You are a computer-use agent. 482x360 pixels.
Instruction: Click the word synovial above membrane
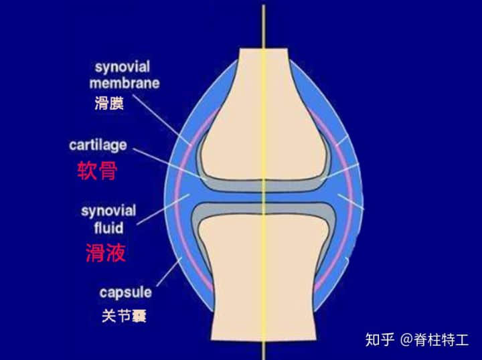pyautogui.click(x=122, y=68)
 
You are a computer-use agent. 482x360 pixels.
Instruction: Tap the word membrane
pyautogui.click(x=125, y=83)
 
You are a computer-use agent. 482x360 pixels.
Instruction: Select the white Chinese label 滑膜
pyautogui.click(x=109, y=103)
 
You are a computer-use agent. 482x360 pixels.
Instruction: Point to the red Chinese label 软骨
pyautogui.click(x=98, y=170)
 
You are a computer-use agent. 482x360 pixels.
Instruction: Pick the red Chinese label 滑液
pyautogui.click(x=106, y=252)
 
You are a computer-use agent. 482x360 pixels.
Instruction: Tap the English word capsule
pyautogui.click(x=125, y=292)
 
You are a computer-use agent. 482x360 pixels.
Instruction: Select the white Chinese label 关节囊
pyautogui.click(x=125, y=316)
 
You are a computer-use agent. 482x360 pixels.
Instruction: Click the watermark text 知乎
pyautogui.click(x=380, y=339)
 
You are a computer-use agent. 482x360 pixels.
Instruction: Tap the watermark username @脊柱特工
pyautogui.click(x=435, y=339)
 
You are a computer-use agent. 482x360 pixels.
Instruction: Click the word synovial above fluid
pyautogui.click(x=108, y=211)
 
